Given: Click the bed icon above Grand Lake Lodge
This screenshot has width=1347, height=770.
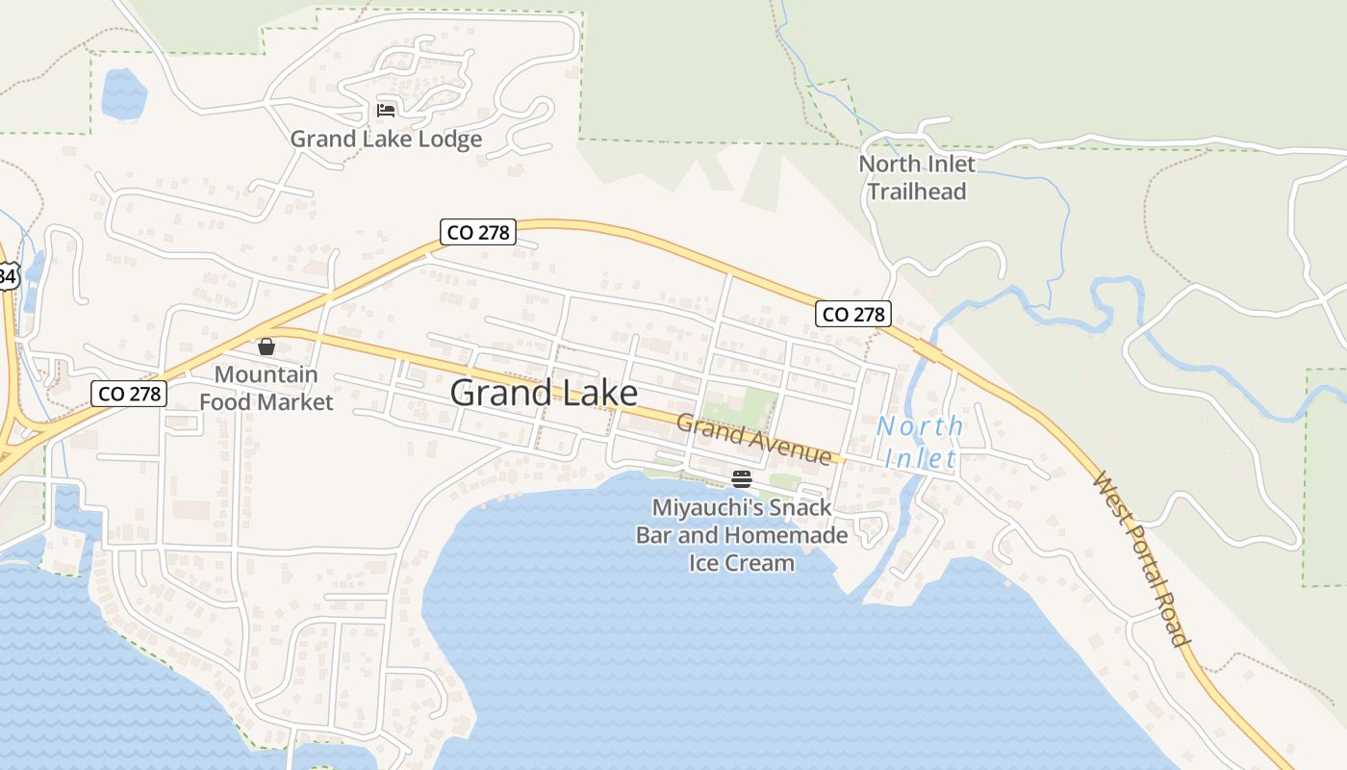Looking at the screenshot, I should [x=386, y=110].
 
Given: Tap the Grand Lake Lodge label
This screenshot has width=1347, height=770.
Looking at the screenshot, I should [x=386, y=140].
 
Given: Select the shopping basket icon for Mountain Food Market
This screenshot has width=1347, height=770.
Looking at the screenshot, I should [x=267, y=346].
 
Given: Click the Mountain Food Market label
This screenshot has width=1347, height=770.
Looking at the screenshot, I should [x=267, y=388].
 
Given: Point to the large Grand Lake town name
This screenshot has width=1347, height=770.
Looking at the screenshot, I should [x=544, y=393].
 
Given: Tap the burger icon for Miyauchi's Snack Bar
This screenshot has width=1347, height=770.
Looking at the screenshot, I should [x=741, y=479].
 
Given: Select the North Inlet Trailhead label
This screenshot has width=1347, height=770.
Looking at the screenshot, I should [x=917, y=177].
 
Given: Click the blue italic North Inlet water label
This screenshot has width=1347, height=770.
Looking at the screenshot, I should [x=920, y=442].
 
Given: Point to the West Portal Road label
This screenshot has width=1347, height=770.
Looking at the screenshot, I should [x=1143, y=558].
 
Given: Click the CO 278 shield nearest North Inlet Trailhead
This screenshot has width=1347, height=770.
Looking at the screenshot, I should [x=853, y=314].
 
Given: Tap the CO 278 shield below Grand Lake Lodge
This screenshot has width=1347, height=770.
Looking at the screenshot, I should [x=478, y=232].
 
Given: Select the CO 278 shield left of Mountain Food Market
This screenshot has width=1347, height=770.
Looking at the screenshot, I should [x=129, y=393].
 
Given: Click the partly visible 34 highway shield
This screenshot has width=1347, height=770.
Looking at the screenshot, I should [x=8, y=276].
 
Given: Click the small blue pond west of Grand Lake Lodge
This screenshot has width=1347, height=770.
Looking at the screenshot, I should [x=123, y=93].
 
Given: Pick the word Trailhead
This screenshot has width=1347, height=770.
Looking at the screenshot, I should [x=917, y=191].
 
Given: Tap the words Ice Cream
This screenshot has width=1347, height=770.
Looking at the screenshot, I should [x=742, y=562].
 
